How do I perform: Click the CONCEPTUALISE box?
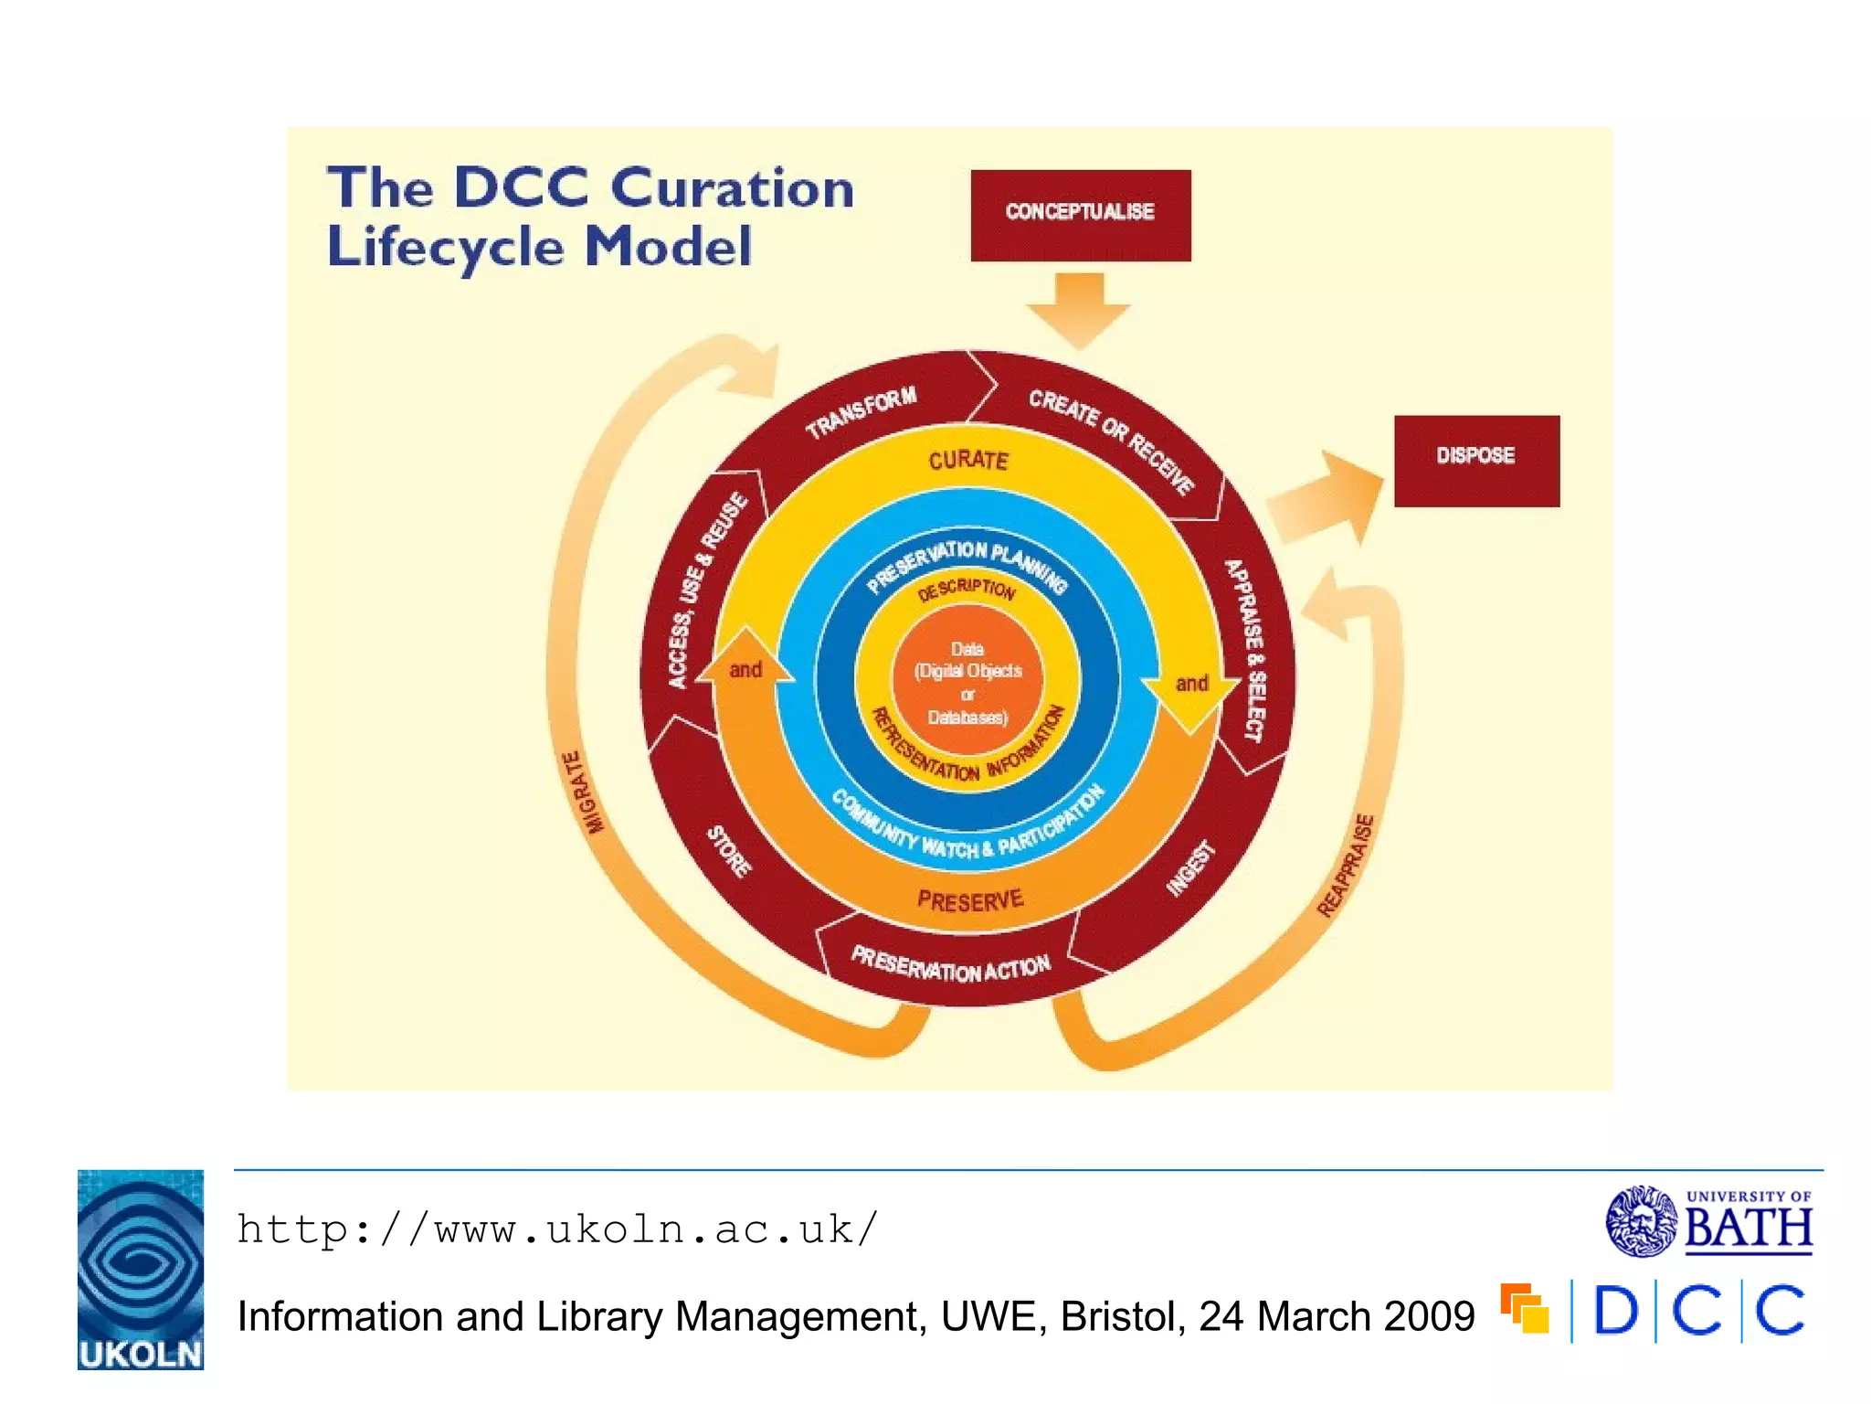pyautogui.click(x=1080, y=215)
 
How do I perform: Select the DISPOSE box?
pyautogui.click(x=1476, y=461)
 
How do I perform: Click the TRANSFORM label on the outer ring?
pyautogui.click(x=861, y=412)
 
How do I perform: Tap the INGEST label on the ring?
pyautogui.click(x=1190, y=867)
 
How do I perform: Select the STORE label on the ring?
pyautogui.click(x=729, y=851)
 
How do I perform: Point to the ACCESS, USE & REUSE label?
pyautogui.click(x=706, y=590)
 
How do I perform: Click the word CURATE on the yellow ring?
pyautogui.click(x=968, y=460)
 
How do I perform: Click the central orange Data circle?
pyautogui.click(x=967, y=682)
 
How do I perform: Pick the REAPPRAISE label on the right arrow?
pyautogui.click(x=1346, y=865)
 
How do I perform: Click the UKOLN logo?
pyautogui.click(x=141, y=1270)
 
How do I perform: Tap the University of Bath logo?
pyautogui.click(x=1709, y=1221)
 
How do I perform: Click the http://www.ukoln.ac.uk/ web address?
pyautogui.click(x=557, y=1229)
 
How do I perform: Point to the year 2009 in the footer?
pyautogui.click(x=1429, y=1317)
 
